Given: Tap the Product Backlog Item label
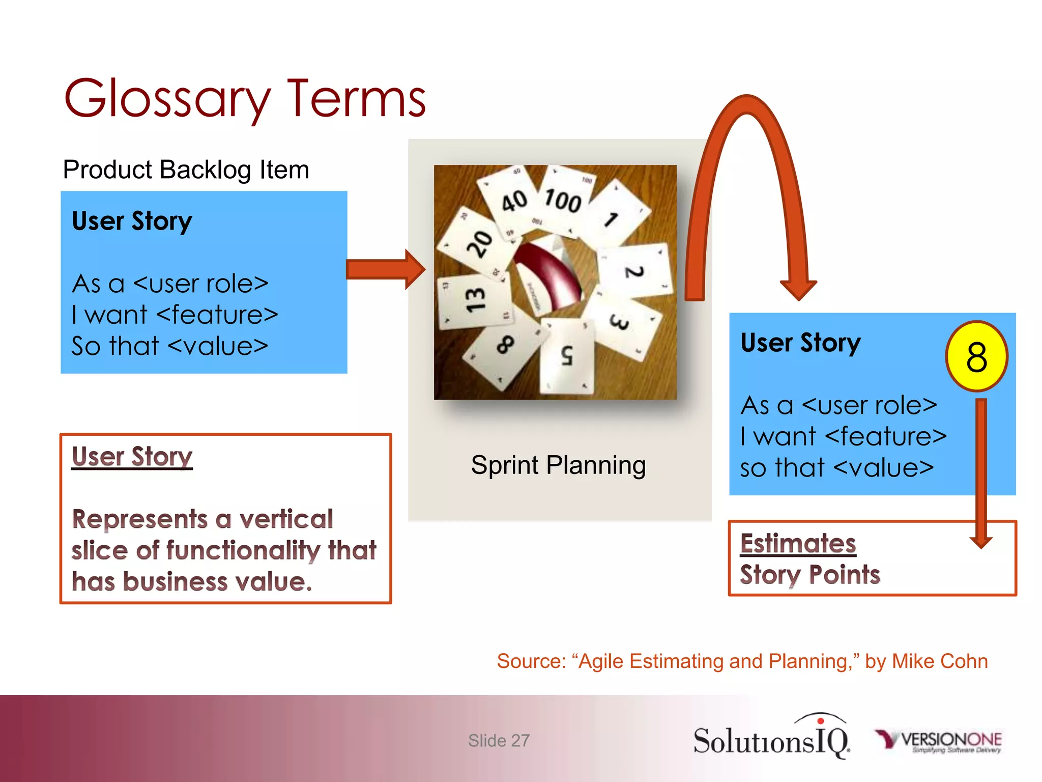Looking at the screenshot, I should pos(186,170).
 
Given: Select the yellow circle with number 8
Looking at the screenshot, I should pos(976,356).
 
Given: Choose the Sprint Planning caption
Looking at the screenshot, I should pos(558,465).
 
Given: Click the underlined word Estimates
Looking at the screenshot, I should pos(798,543).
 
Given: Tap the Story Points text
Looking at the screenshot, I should pos(809,575).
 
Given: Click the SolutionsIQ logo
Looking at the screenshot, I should pos(771,738).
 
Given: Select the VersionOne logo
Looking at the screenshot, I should pos(938,741).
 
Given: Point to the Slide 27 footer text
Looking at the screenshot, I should pos(499,741).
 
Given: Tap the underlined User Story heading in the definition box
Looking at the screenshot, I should pos(132,456).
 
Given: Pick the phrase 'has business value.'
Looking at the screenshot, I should pos(192,581).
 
